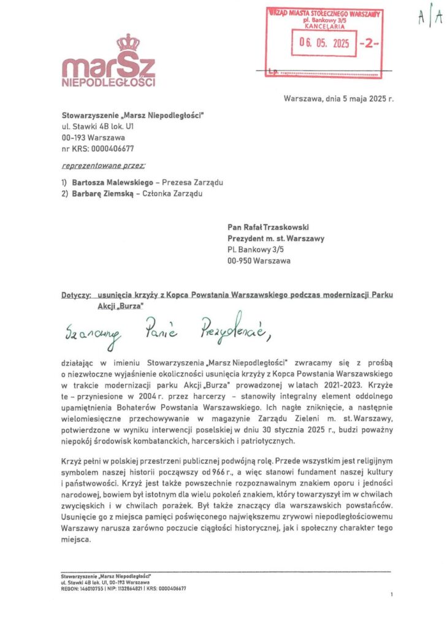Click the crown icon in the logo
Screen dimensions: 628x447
tap(128, 43)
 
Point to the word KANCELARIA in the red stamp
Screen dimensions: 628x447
tap(323, 26)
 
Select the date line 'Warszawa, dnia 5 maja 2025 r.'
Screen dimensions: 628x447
tap(338, 98)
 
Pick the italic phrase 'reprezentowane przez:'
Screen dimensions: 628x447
tap(104, 166)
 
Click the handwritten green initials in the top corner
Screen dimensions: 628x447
tap(430, 18)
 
